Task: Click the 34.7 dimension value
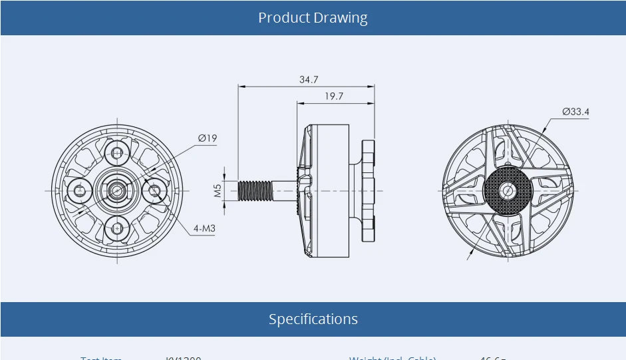[x=309, y=80]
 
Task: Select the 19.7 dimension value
[x=334, y=96]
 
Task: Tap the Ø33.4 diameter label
[x=575, y=112]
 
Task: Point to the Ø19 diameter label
[x=208, y=138]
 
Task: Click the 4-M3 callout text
[x=204, y=229]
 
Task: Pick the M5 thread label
[x=218, y=191]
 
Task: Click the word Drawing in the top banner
[x=340, y=17]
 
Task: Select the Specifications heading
[x=313, y=319]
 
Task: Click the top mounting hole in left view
[x=118, y=154]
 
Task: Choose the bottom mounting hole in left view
[x=118, y=229]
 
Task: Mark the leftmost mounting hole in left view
[x=80, y=192]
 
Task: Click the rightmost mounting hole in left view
[x=155, y=192]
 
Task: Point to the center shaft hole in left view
[x=118, y=192]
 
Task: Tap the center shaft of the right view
[x=508, y=191]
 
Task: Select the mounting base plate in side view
[x=369, y=191]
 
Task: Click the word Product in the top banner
[x=284, y=17]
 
